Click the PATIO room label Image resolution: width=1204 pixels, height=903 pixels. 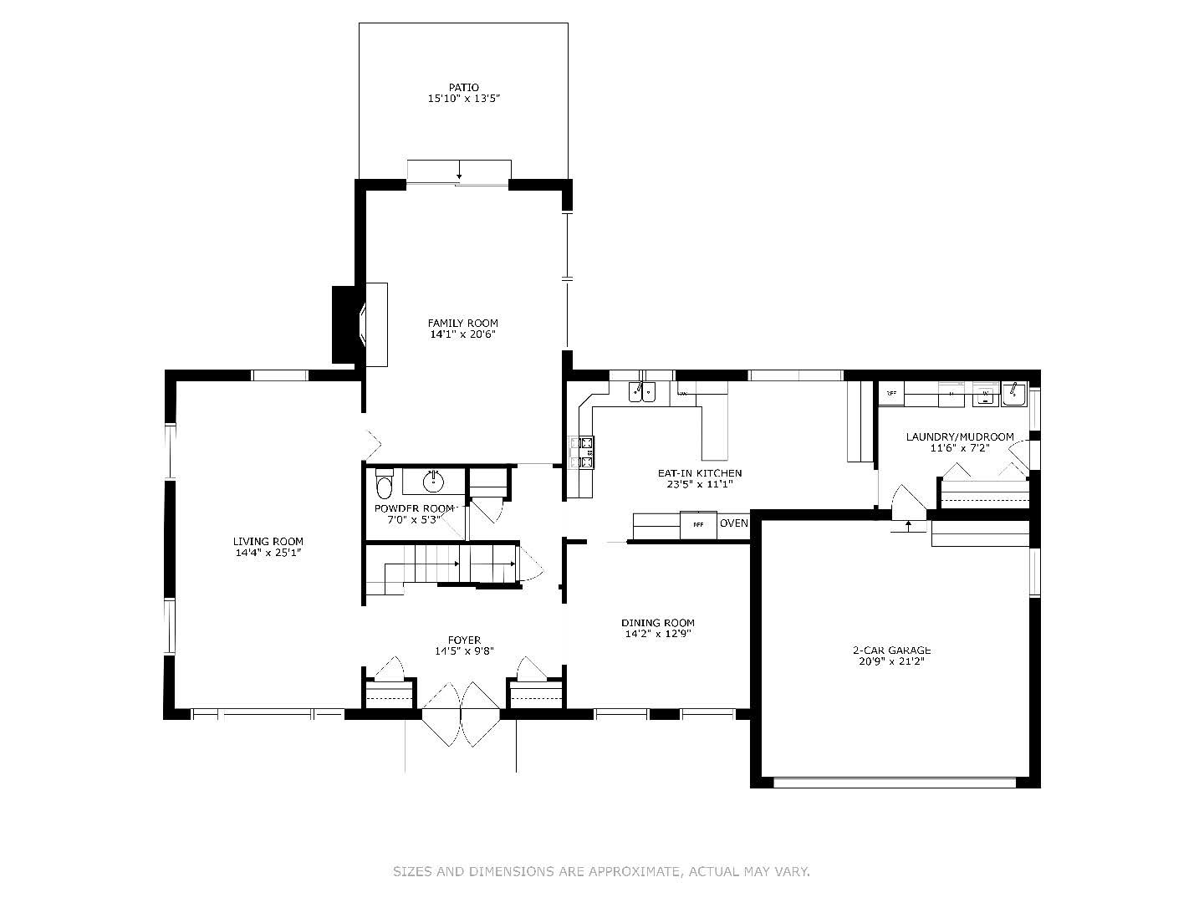(x=463, y=87)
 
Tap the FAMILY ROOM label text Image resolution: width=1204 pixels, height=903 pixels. (x=462, y=323)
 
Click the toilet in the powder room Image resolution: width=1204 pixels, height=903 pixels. (x=384, y=484)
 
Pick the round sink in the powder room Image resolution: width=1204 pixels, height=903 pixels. (x=433, y=482)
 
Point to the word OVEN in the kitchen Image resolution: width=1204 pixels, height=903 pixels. (x=733, y=523)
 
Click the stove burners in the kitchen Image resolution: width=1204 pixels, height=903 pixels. (x=582, y=451)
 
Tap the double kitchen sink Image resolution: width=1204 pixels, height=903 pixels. (x=642, y=390)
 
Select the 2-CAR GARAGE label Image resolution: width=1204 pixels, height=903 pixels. (x=891, y=650)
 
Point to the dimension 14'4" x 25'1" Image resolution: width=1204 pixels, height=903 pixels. (x=268, y=553)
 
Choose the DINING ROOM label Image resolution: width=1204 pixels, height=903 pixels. (x=657, y=622)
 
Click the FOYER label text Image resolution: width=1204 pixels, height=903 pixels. (x=463, y=640)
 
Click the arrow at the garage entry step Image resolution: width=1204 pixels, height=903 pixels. (x=909, y=526)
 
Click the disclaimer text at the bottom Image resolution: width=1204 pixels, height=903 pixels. (x=601, y=871)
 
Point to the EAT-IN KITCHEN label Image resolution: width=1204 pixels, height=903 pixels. (x=699, y=473)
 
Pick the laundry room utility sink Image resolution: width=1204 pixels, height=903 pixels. (x=1014, y=392)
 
